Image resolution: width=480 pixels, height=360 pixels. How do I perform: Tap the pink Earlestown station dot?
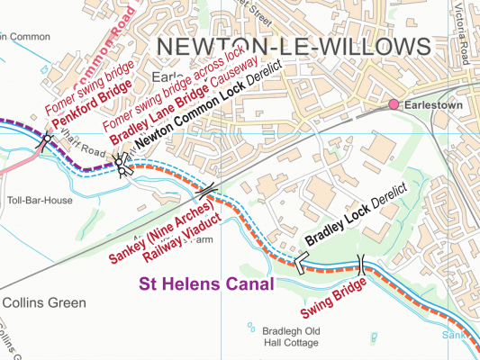click(x=393, y=106)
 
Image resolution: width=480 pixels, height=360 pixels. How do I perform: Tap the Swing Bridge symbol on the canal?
click(x=362, y=264)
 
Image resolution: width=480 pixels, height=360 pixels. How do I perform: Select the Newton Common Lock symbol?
click(x=122, y=162)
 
